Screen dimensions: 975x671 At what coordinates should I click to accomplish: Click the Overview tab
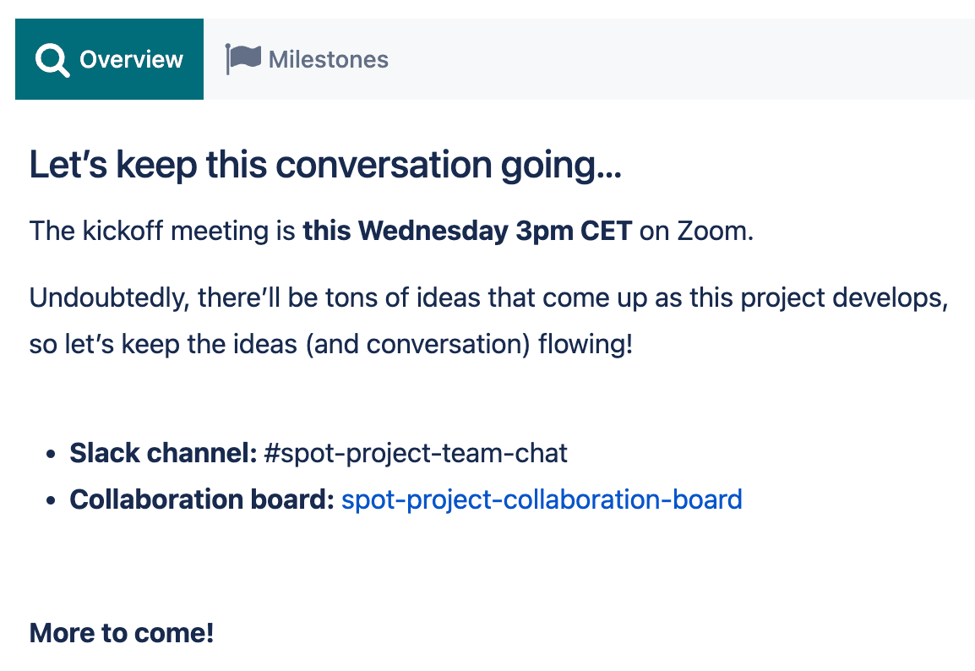(110, 59)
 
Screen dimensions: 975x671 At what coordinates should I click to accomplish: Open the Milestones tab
(307, 60)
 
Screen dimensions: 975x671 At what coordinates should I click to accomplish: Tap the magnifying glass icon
(52, 60)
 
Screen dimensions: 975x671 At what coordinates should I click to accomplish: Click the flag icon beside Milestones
(242, 59)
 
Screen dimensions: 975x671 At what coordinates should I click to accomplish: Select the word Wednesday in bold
(433, 231)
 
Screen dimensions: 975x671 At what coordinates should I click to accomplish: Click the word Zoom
(715, 231)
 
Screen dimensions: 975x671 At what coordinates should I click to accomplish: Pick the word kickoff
(123, 231)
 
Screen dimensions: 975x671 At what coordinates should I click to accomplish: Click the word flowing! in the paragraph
(586, 345)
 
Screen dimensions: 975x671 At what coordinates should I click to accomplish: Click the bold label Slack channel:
(164, 453)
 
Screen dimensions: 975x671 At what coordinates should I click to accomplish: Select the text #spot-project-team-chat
(416, 454)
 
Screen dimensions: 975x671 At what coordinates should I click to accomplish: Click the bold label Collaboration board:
(202, 499)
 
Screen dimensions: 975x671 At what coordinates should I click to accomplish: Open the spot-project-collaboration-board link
(542, 500)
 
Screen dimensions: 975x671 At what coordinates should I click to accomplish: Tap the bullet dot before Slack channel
(51, 454)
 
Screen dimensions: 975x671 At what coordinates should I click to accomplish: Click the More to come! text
(122, 633)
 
